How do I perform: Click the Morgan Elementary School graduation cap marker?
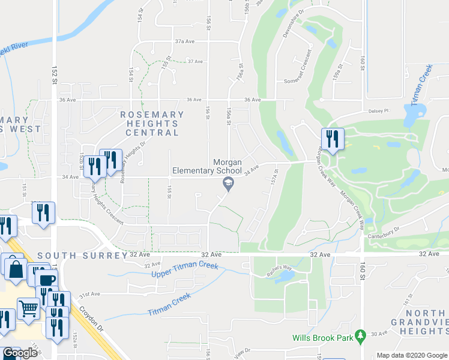point(228,184)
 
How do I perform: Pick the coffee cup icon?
point(46,280)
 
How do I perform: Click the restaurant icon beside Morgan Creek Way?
point(332,139)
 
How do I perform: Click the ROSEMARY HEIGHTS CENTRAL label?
point(152,123)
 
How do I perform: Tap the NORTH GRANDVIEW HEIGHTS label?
point(426,322)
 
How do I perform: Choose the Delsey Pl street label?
point(379,111)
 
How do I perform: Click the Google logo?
point(19,353)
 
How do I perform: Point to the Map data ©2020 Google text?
point(411,355)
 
